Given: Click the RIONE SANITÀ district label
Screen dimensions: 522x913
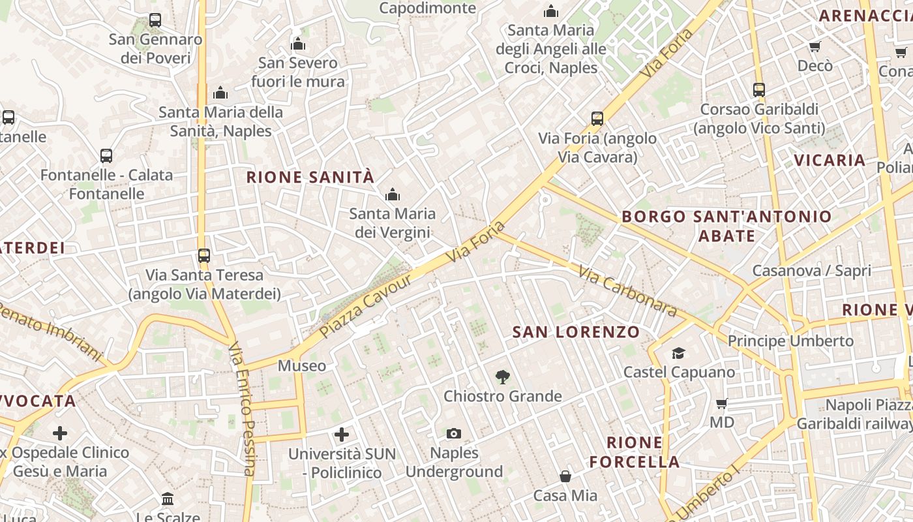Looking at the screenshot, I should point(310,177).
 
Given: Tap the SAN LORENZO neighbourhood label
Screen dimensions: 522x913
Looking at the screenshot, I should point(576,332).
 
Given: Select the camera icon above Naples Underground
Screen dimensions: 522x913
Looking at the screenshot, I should point(454,433).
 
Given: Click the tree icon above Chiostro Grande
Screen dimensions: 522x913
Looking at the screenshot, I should point(502,376).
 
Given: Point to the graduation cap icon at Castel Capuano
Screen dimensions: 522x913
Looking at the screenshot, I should point(679,353).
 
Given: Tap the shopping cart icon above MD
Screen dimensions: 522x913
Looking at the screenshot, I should point(721,403).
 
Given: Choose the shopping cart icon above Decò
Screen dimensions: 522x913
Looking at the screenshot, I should point(815,46).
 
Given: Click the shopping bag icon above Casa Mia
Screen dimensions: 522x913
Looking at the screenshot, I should point(565,476).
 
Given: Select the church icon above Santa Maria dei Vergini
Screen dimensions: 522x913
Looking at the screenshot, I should point(392,194).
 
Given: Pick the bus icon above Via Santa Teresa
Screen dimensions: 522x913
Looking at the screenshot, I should point(204,256).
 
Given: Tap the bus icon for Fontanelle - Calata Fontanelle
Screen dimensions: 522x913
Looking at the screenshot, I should point(106,156).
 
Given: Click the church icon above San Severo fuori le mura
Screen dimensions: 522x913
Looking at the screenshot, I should point(298,44).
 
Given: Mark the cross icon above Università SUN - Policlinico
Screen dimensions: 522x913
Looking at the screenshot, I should point(341,434).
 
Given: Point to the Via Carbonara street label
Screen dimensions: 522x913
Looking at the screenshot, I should point(627,291).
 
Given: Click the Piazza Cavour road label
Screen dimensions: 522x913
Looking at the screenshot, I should point(367,306).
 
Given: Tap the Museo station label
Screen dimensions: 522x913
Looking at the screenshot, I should point(302,365).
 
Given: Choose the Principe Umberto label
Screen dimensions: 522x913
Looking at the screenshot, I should point(790,341).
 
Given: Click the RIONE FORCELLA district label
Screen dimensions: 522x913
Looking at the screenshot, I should point(635,452).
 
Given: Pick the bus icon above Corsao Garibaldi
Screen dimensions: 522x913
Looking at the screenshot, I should point(759,90).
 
